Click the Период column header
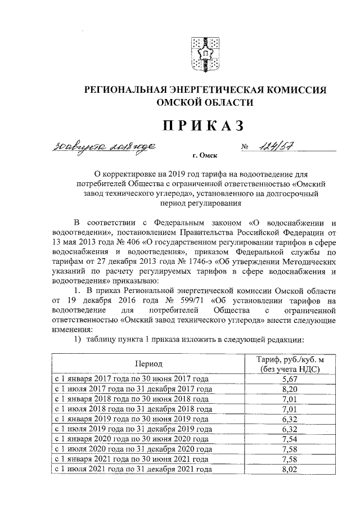coord(148,364)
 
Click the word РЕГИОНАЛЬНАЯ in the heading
coord(133,89)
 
